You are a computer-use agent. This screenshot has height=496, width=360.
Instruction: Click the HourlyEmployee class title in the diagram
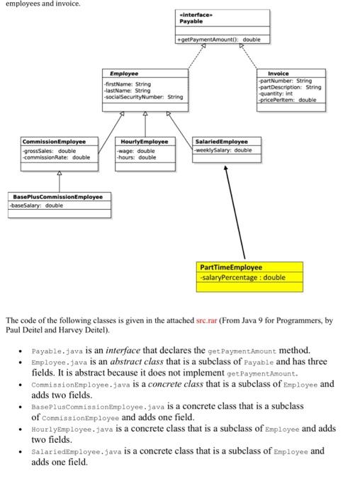tap(146, 142)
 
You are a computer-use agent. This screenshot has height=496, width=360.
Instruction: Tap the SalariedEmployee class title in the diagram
tap(221, 142)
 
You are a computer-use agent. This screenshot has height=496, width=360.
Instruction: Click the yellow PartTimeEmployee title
tap(231, 268)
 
